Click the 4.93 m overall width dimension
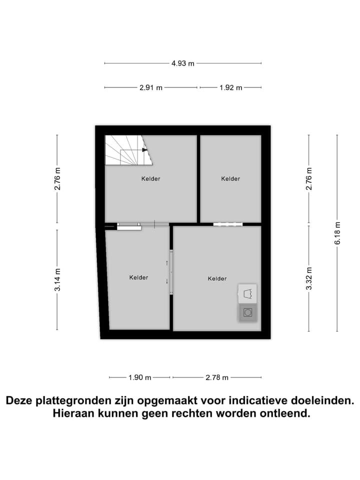[182, 63]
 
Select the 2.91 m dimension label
[151, 87]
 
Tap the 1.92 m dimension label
[230, 87]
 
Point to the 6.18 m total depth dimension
[337, 233]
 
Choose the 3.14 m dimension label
[57, 280]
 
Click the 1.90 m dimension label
[140, 377]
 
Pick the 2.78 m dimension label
[217, 377]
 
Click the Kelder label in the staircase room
[150, 178]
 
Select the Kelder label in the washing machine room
[217, 278]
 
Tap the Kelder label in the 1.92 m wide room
[230, 178]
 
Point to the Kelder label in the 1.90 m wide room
[138, 277]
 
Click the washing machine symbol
[247, 313]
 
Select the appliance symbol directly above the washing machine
[247, 294]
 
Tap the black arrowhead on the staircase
[144, 149]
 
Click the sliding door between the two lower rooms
[171, 272]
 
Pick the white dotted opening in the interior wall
[227, 224]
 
